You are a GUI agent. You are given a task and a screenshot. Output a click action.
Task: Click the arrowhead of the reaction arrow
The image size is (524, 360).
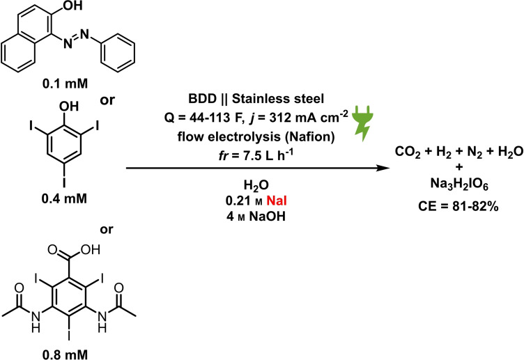click(x=381, y=169)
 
